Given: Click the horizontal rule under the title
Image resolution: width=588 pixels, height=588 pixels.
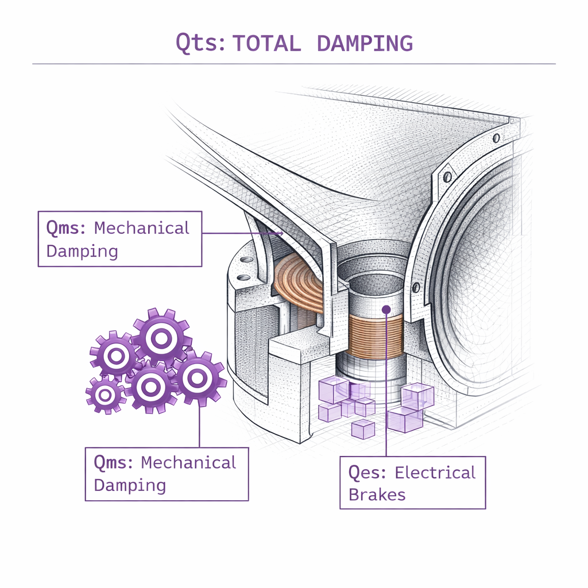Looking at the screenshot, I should (x=294, y=64).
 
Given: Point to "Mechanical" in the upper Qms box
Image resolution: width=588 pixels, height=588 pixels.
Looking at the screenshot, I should (x=142, y=228).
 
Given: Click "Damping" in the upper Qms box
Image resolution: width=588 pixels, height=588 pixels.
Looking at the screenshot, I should (x=82, y=251).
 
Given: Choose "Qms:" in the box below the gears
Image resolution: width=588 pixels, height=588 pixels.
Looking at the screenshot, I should (x=114, y=463).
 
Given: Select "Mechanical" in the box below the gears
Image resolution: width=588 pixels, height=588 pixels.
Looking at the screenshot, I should (x=189, y=463).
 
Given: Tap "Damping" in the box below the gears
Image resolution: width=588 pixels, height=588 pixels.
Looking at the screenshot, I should (x=130, y=485).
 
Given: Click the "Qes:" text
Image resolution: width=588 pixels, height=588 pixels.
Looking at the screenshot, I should (x=369, y=473).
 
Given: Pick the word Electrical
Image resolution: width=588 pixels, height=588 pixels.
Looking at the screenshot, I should (x=436, y=473).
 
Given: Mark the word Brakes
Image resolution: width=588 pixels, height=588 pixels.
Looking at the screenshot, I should (x=377, y=495).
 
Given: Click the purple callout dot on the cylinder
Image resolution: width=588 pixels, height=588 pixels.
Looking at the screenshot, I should (x=386, y=310).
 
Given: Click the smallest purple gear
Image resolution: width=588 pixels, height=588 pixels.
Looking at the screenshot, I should (x=105, y=395).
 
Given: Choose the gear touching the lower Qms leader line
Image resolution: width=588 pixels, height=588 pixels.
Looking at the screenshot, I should (x=197, y=378).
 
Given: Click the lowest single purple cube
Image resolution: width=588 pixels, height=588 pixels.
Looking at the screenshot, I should (x=362, y=428).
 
